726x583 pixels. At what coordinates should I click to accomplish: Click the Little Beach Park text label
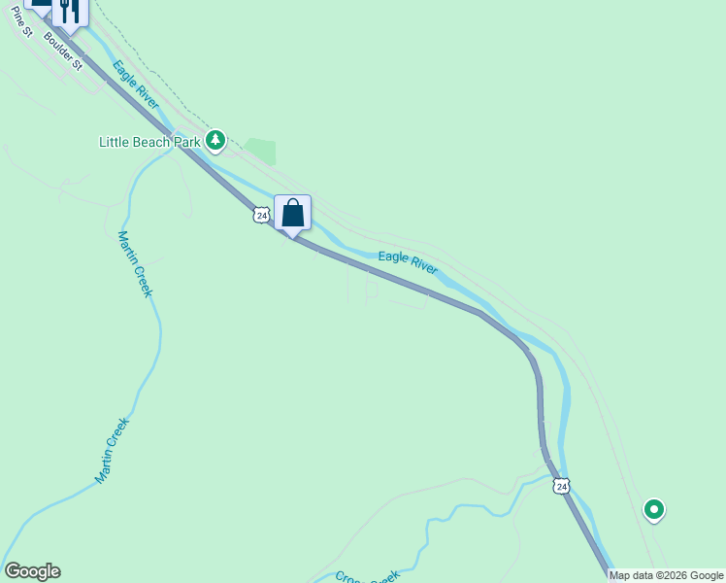[149, 142]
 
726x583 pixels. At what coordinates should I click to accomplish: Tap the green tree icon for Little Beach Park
[214, 142]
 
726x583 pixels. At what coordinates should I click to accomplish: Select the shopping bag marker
[292, 213]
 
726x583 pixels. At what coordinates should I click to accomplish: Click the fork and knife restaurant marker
[70, 10]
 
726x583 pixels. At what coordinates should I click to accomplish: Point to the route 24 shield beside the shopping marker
[260, 215]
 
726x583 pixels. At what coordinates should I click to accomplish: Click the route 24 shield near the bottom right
[562, 486]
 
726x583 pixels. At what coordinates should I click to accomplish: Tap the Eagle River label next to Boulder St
[135, 85]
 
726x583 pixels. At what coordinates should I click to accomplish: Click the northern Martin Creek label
[135, 263]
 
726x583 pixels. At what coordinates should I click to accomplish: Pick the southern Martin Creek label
[112, 451]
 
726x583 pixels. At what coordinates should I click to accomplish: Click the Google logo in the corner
[32, 571]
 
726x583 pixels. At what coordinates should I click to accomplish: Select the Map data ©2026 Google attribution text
[666, 575]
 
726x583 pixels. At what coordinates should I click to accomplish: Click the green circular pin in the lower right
[654, 508]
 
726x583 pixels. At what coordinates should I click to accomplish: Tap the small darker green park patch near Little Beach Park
[260, 152]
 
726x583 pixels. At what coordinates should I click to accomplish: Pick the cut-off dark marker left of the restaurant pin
[41, 5]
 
